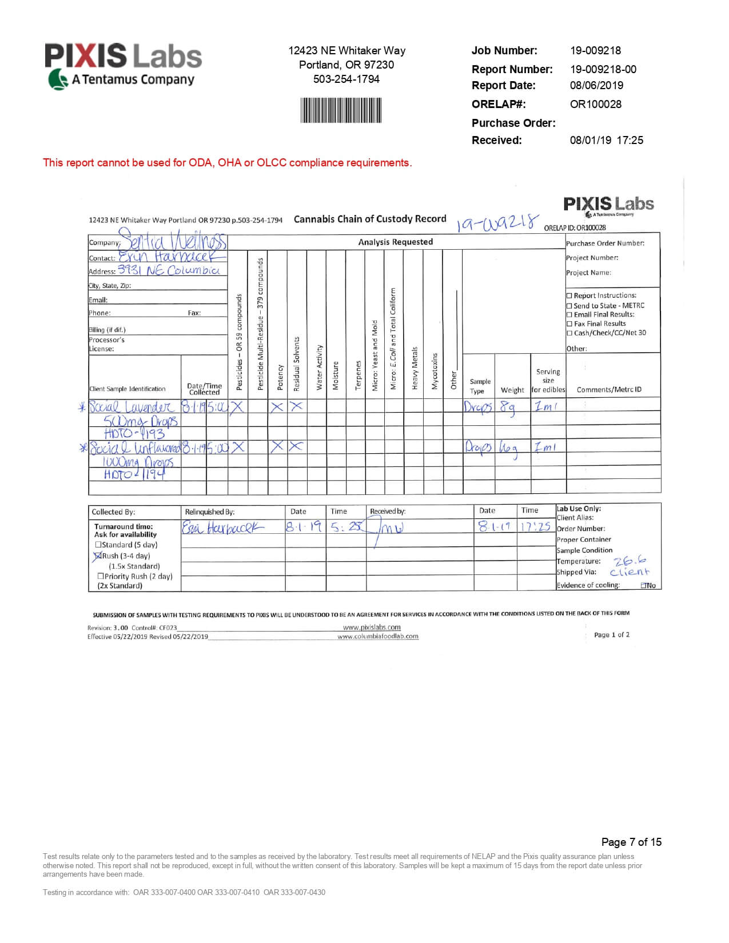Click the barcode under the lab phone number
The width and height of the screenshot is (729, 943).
[x=341, y=110]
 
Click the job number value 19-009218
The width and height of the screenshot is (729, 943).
[x=595, y=50]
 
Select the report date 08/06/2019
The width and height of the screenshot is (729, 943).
[x=596, y=85]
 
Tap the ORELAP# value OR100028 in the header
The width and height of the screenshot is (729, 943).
[x=595, y=104]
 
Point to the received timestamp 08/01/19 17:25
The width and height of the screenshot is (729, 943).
[x=606, y=140]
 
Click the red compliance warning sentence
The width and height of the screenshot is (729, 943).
[x=227, y=163]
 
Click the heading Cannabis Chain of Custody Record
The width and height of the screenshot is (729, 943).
[x=370, y=219]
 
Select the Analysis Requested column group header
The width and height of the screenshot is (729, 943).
[x=395, y=242]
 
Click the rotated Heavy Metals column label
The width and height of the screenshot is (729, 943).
[x=415, y=369]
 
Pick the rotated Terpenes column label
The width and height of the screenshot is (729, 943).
[x=358, y=375]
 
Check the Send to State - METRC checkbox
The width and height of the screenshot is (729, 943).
[x=569, y=306]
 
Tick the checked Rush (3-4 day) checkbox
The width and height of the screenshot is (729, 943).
[x=98, y=556]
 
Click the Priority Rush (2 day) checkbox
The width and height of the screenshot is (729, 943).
[x=101, y=576]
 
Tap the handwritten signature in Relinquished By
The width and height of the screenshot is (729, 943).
[x=223, y=527]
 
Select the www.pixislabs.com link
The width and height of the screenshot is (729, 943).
[x=372, y=627]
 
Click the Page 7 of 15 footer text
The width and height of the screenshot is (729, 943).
[x=631, y=842]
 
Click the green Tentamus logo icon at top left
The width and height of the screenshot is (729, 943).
[x=58, y=79]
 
